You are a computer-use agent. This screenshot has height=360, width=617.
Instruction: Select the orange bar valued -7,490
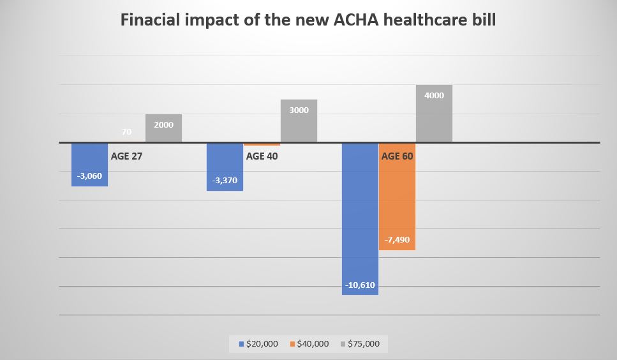click(397, 198)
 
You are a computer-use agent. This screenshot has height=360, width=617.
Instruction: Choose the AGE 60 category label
click(398, 156)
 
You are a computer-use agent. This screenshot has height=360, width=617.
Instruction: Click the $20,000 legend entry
click(258, 343)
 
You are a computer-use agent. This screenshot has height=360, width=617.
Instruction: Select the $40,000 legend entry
click(309, 343)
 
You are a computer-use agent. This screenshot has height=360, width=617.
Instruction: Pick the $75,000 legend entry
click(361, 343)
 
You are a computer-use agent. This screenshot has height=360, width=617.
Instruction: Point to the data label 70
click(126, 132)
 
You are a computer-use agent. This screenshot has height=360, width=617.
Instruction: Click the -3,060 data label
click(89, 176)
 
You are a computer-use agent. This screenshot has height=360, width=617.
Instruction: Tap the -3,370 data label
click(225, 180)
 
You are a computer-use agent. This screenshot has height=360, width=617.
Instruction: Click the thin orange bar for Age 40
click(262, 144)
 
